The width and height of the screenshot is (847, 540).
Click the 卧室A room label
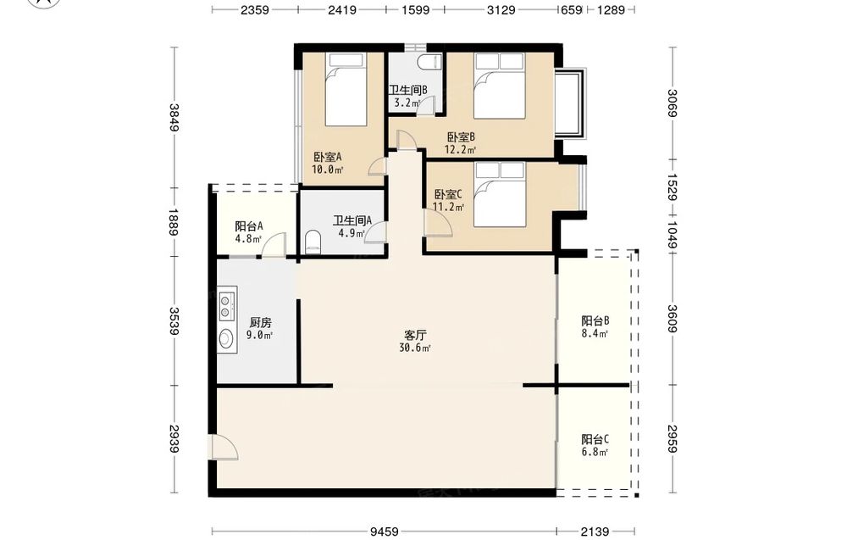point(328,158)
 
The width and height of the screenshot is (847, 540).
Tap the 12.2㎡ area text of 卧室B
point(460,150)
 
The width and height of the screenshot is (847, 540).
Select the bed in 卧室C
point(500,195)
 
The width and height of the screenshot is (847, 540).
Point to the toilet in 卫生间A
point(313,242)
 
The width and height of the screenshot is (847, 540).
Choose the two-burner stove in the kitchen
point(227,304)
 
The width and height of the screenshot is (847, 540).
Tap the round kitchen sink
point(226,338)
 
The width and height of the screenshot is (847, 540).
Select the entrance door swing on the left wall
point(224,447)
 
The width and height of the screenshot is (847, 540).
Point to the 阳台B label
point(595,320)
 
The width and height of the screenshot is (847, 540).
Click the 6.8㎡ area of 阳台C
point(595,452)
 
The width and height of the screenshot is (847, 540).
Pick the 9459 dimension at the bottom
point(384,532)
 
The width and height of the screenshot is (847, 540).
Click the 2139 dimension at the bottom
point(595,532)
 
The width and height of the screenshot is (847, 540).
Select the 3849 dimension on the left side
point(174,117)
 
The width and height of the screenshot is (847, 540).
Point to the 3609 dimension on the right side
point(672,319)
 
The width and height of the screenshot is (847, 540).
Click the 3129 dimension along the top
point(501,9)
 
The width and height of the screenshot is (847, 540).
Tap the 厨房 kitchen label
point(260,323)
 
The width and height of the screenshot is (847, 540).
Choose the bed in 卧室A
point(346,89)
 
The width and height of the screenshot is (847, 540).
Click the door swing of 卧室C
point(438,221)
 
